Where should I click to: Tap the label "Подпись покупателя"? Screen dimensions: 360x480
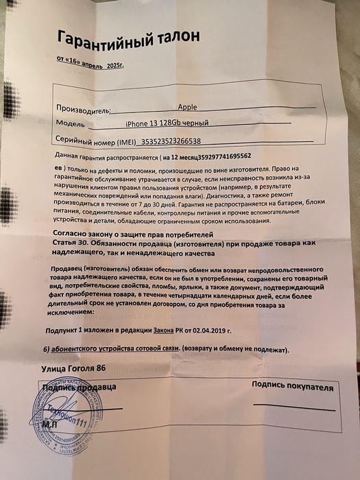(293, 387)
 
